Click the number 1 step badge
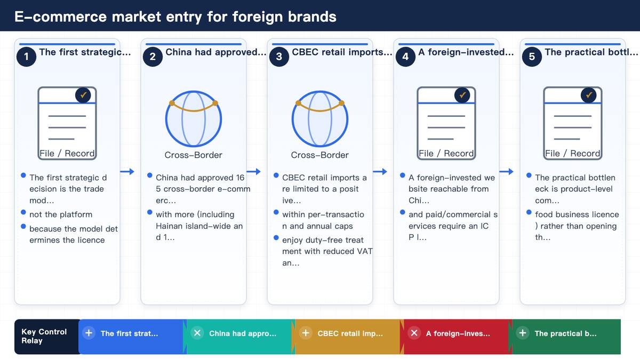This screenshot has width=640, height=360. coord(26,57)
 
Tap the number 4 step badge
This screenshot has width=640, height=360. coord(405,57)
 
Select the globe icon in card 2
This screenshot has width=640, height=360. coord(194,118)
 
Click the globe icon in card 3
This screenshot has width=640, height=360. coord(319,118)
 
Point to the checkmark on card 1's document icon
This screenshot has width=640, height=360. coord(83,95)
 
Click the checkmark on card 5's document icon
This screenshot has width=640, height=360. coord(589,95)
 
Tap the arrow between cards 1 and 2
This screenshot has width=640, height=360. coord(127,171)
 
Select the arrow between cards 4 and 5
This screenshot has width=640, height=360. coord(506,171)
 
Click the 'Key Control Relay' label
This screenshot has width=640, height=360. coord(44,336)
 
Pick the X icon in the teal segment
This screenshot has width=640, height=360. coord(197,333)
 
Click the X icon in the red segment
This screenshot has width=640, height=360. coord(414,333)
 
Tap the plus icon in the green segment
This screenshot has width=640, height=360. coord(523,333)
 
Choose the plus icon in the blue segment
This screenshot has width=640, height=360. coord(89,333)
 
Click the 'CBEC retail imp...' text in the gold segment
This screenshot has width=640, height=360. coord(350,333)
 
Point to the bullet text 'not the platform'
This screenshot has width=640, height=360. coord(61,214)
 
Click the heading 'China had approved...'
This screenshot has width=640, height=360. coord(216,52)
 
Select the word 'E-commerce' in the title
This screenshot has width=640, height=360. coord(60,17)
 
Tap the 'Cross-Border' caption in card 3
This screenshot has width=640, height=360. coord(319,155)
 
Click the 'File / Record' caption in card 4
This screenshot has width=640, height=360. coord(446,154)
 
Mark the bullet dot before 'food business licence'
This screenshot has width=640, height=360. coord(529,212)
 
